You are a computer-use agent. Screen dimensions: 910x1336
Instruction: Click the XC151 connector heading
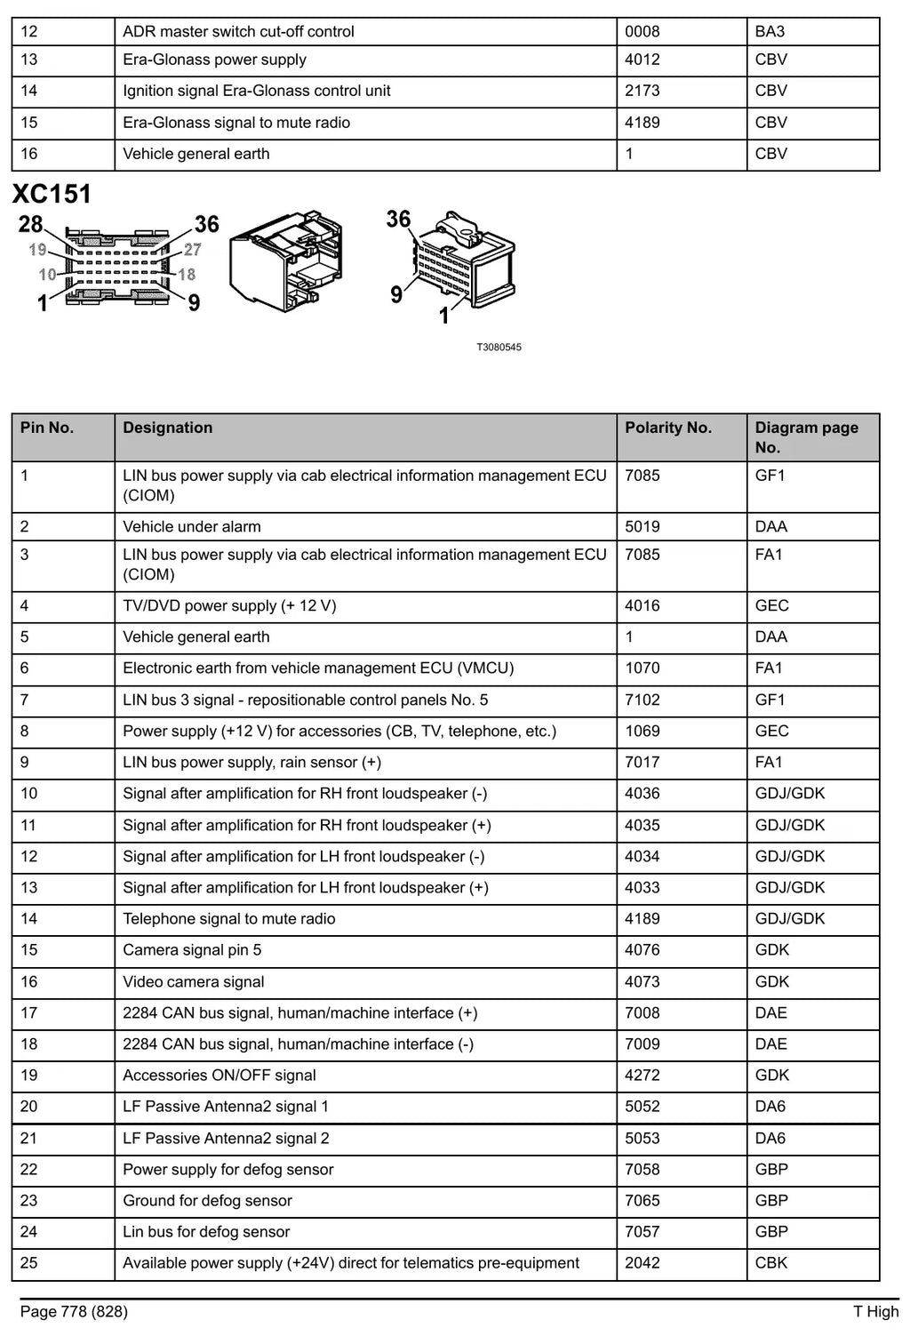(x=52, y=194)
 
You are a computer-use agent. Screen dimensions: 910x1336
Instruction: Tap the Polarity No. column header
(x=668, y=428)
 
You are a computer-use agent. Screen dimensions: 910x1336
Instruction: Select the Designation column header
(x=168, y=428)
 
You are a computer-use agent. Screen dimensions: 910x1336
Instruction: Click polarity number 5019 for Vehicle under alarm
(x=643, y=526)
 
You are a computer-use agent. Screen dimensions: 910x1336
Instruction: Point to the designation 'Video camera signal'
(x=193, y=981)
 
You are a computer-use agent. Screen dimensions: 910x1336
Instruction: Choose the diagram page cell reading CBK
(x=771, y=1262)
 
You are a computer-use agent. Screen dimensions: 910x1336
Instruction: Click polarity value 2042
(x=643, y=1262)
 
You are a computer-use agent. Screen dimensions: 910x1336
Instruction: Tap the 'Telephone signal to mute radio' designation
(x=229, y=918)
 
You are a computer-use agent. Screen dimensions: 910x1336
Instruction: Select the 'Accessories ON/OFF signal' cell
(x=220, y=1075)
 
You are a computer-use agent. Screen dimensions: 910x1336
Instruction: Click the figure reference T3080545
(x=499, y=348)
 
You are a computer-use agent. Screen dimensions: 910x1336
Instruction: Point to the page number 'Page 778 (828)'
(x=74, y=1311)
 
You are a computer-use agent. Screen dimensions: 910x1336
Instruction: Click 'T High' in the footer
(x=875, y=1311)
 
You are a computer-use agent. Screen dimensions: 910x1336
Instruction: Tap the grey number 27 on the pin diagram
(x=192, y=249)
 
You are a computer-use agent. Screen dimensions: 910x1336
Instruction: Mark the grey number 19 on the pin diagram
(x=37, y=249)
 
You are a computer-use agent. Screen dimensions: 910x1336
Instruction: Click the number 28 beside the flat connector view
(x=30, y=224)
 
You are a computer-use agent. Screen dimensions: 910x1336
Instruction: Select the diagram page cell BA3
(x=770, y=32)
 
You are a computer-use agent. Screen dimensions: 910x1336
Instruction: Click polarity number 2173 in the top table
(x=643, y=91)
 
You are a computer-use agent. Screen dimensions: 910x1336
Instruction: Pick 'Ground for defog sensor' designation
(x=208, y=1200)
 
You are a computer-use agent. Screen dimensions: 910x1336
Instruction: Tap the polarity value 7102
(x=643, y=700)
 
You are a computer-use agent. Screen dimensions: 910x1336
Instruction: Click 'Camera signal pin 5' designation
(x=192, y=949)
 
